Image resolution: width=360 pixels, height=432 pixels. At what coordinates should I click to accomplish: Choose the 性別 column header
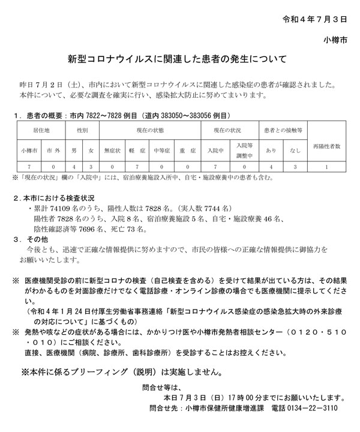click(83, 130)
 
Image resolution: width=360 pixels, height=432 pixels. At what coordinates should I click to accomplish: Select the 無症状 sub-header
click(113, 151)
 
